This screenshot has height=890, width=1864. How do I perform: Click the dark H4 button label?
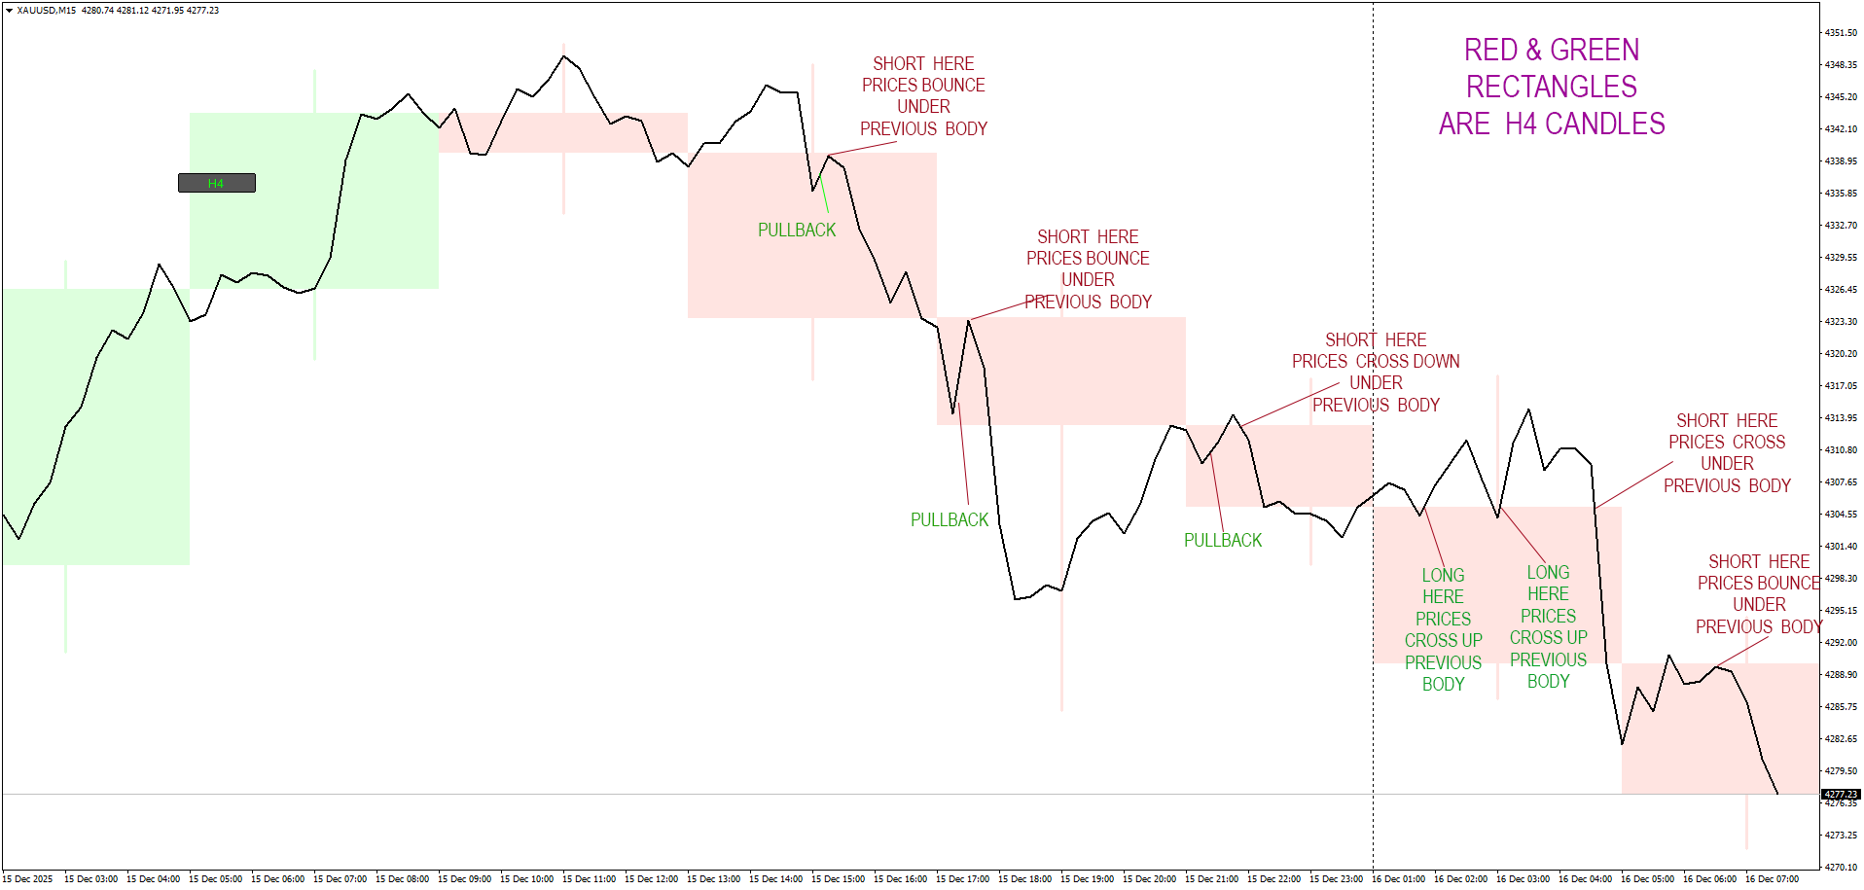pos(216,183)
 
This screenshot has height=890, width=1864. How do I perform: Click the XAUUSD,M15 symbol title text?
pos(46,11)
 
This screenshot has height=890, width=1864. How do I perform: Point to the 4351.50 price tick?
pos(1840,33)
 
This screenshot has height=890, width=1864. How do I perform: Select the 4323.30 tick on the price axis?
pos(1840,322)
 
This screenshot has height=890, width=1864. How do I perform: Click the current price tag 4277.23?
pos(1841,795)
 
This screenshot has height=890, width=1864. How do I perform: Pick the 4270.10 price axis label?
pos(1840,867)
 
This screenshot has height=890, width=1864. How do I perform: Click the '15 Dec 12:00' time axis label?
pos(651,879)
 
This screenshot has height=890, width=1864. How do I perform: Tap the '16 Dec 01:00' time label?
pos(1398,879)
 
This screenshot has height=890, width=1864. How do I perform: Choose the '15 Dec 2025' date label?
pos(29,879)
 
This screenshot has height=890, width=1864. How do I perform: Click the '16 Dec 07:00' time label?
pos(1772,879)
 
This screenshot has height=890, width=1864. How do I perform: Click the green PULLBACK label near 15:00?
pos(797,231)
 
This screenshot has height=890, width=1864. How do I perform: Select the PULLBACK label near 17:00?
pos(949,520)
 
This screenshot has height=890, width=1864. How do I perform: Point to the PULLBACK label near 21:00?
pos(1222,541)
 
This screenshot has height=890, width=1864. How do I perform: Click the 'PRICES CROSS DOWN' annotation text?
pos(1376,362)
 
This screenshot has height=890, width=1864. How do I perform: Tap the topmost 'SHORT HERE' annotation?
pos(923,64)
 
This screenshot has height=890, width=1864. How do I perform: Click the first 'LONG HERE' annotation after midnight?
pos(1443,587)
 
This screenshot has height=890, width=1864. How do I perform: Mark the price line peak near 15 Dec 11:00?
pos(564,56)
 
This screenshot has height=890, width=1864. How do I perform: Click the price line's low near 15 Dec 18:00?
pos(1016,599)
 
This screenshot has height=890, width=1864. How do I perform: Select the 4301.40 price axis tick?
pos(1840,547)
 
